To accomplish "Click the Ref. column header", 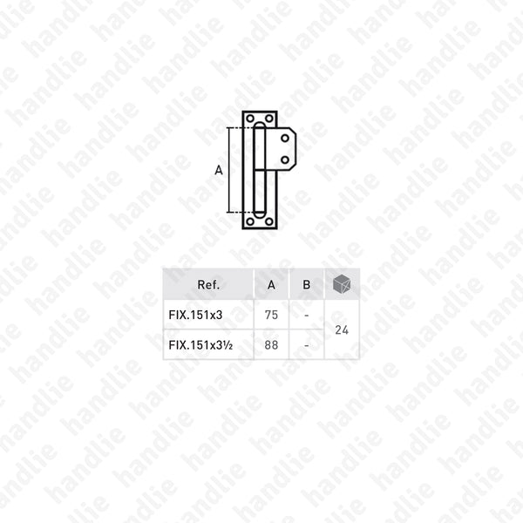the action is [208, 284].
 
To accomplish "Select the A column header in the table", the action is [271, 284].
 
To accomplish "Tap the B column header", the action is [306, 284].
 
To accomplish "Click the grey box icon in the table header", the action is [342, 284].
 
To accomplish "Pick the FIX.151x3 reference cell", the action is [195, 315].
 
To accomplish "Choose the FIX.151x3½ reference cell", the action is [200, 345].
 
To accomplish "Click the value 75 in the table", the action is [271, 315].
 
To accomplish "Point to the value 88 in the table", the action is [271, 345].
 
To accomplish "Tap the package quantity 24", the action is [342, 329].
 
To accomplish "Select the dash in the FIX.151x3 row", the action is [307, 316].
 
